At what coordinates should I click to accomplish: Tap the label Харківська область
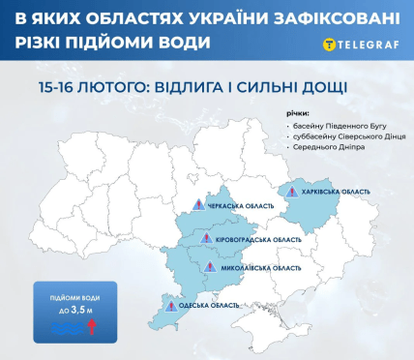click(x=336, y=192)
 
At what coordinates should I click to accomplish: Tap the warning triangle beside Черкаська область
click(x=198, y=205)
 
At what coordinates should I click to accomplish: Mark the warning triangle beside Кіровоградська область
click(x=206, y=238)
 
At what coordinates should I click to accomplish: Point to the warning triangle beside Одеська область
click(x=171, y=306)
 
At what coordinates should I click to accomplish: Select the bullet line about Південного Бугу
click(x=339, y=126)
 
